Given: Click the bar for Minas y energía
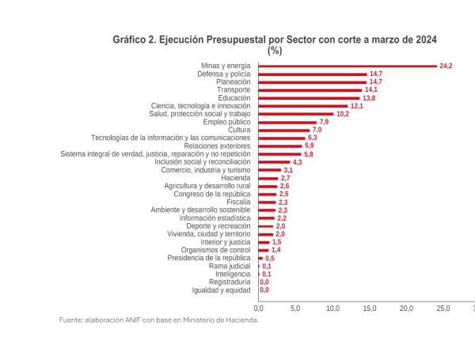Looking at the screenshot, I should tap(348, 66).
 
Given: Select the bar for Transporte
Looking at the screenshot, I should tap(310, 89).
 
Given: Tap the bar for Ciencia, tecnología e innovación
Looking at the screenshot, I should tap(303, 106).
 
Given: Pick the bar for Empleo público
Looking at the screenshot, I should tap(287, 122).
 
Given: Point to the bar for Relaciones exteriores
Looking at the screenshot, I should tap(280, 146).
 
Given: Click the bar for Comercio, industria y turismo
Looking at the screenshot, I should tap(270, 170).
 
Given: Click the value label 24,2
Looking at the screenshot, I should tap(445, 66).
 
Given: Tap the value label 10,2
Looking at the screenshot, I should tap(342, 114).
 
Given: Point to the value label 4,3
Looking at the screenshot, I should tap(297, 162).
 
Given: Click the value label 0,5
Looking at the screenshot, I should tap(269, 258).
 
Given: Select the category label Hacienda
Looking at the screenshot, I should tap(236, 178).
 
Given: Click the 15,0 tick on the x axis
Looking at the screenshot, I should tap(369, 307).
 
